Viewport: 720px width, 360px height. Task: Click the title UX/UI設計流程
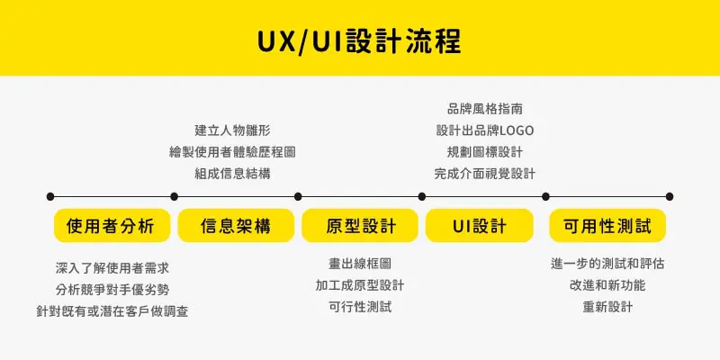(x=359, y=40)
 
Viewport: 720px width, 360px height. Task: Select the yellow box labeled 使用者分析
(x=112, y=225)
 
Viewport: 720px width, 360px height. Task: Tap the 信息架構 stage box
(x=236, y=225)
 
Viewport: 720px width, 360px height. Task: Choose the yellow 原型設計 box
(x=359, y=225)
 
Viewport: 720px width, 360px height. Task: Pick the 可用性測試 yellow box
(x=607, y=225)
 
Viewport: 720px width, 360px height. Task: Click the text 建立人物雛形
(x=232, y=130)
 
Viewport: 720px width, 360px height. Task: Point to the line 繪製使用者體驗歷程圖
(x=232, y=151)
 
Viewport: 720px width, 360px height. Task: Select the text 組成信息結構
(x=232, y=173)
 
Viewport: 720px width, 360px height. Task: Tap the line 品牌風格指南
(x=484, y=108)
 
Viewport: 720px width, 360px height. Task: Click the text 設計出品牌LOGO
(x=484, y=130)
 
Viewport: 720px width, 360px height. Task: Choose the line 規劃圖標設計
(x=484, y=151)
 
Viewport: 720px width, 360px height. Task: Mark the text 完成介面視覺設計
(x=484, y=173)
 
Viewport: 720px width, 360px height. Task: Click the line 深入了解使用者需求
(x=112, y=267)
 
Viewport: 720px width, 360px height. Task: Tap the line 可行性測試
(x=360, y=307)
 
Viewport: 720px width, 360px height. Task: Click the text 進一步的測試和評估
(x=607, y=264)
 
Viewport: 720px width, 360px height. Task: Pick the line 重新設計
(x=607, y=307)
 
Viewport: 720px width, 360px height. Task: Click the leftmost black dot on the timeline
(x=50, y=195)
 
